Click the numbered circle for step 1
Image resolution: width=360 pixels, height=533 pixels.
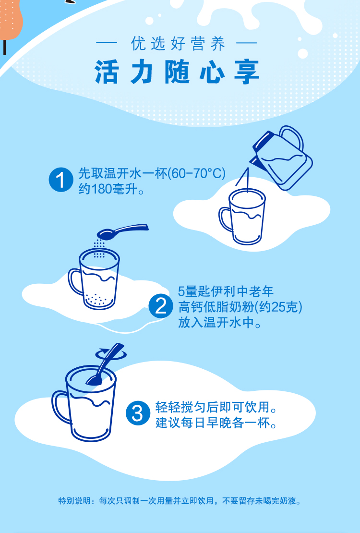point(61,180)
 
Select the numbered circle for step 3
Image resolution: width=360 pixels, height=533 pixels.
point(138,413)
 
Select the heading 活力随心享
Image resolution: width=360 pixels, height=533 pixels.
point(177,72)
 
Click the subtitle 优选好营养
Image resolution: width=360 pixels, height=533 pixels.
point(178,44)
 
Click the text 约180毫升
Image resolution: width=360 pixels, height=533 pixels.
point(111,189)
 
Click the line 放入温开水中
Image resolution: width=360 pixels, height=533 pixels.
point(220,322)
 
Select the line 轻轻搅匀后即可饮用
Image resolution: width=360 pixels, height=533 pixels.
point(216,407)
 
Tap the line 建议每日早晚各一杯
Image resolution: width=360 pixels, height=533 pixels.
point(216,423)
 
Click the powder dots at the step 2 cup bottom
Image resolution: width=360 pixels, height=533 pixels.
point(98,299)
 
